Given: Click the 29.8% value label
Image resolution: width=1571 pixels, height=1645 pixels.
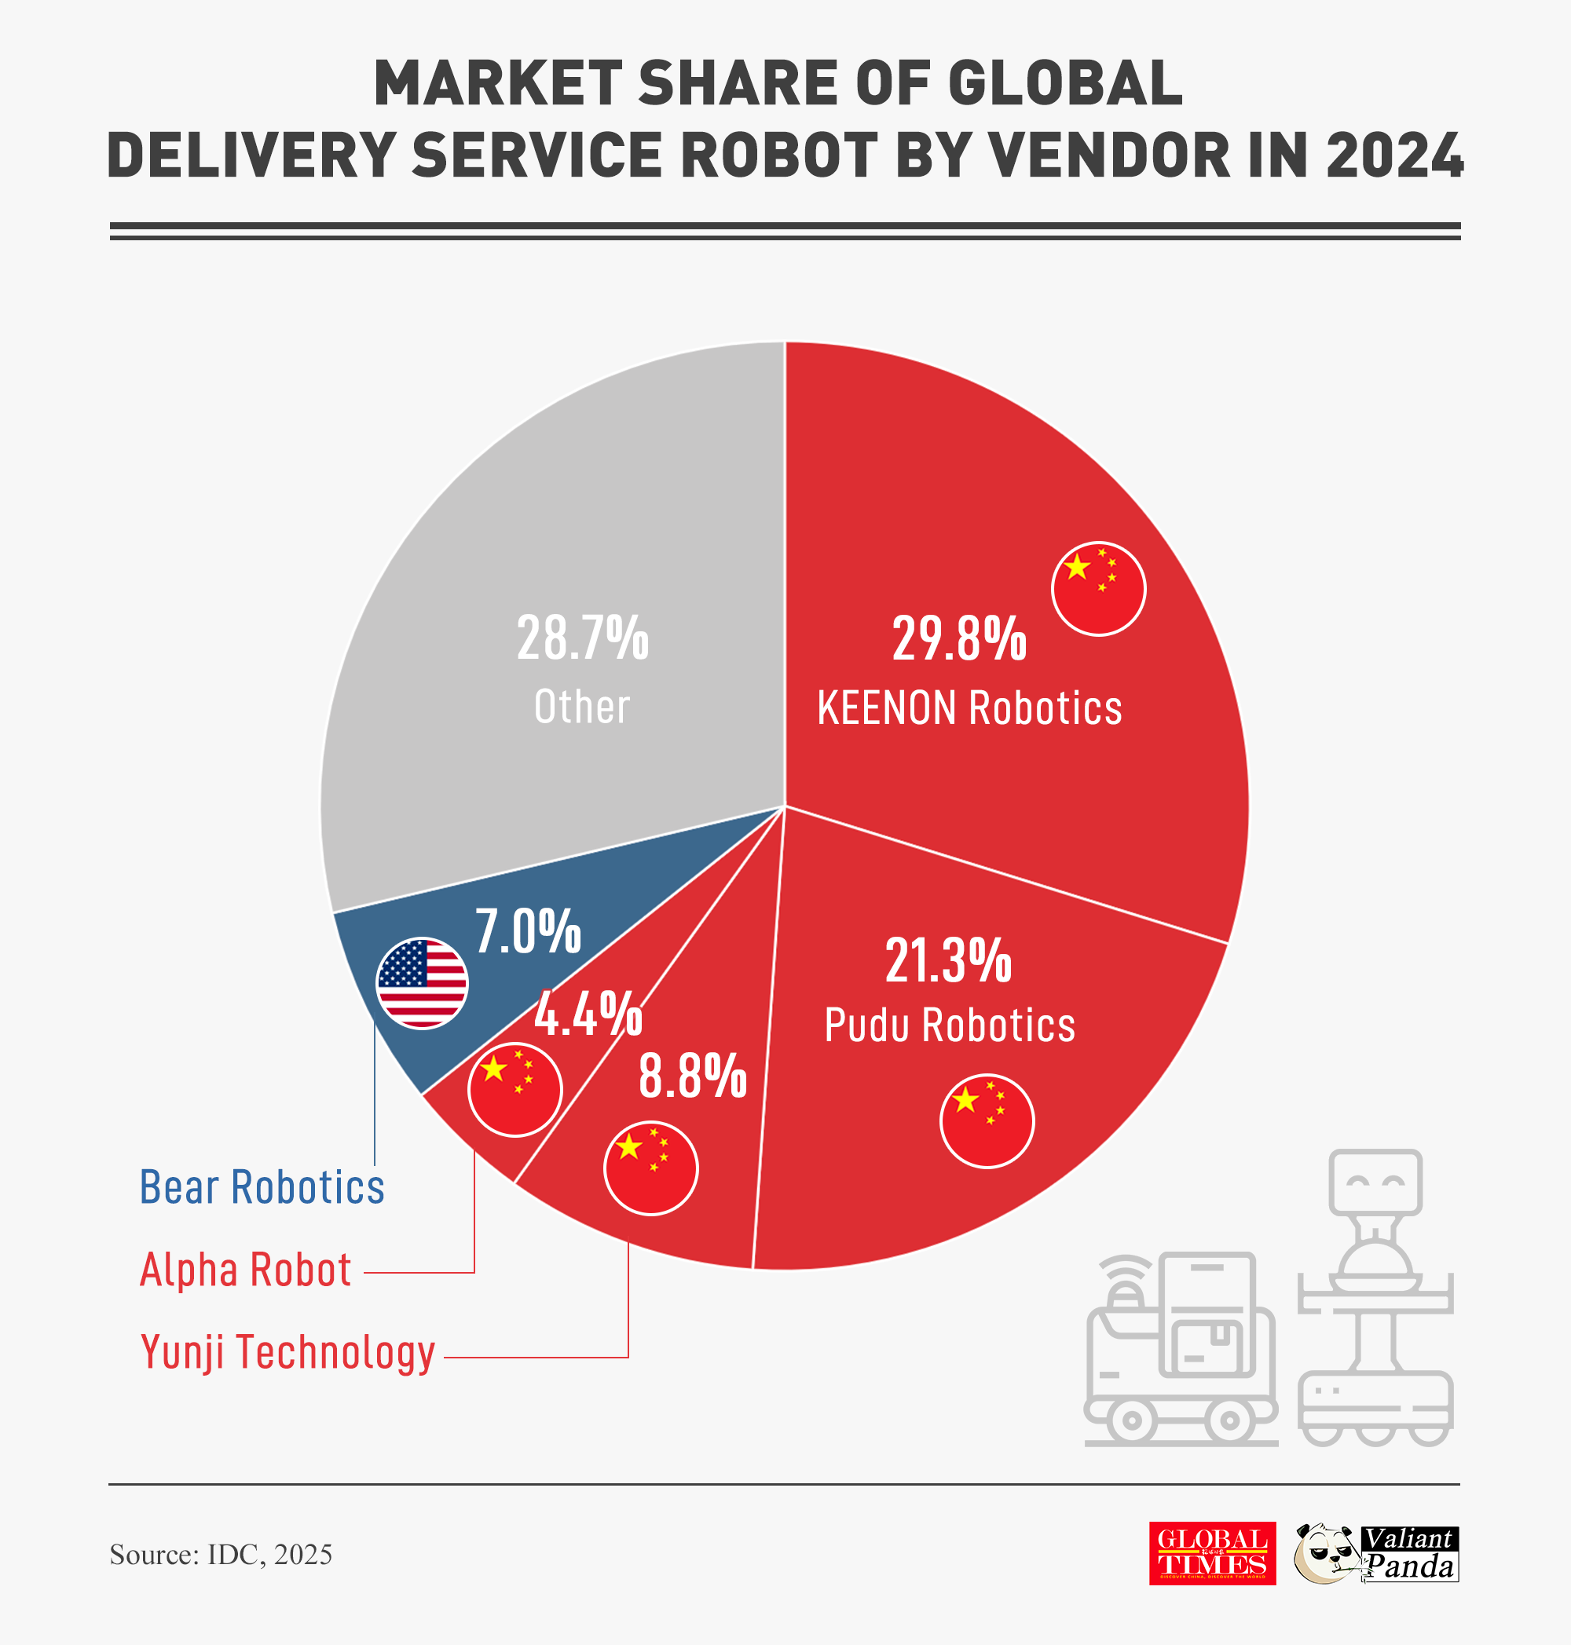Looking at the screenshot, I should pos(959,640).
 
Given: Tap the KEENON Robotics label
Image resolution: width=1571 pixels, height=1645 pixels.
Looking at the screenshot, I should pos(969,708).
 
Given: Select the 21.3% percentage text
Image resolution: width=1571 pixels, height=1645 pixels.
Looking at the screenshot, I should pos(948,961).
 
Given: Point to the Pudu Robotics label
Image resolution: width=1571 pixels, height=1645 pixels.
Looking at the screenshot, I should pos(950,1025).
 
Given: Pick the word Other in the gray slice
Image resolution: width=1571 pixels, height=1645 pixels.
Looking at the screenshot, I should pos(582,707).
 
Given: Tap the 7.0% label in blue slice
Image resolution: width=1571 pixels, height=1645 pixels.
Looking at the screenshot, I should pos(528,932).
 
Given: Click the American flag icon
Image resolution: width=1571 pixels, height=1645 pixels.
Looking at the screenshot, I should pos(422,983).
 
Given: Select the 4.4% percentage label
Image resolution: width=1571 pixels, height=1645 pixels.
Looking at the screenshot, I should pos(588,1014).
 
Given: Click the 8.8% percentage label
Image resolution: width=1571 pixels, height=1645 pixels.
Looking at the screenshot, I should pos(693,1077).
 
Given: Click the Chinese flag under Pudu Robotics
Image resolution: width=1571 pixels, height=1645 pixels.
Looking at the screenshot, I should pos(987,1121).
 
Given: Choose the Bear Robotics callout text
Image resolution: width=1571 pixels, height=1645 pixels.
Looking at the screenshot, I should pos(262,1188).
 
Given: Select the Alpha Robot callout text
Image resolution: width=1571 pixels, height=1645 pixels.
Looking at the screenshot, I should pos(245,1270).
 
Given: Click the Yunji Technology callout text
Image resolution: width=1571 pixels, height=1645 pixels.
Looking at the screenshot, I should pos(288,1352).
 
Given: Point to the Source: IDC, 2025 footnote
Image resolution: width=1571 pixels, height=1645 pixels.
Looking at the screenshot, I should pos(221,1555).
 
